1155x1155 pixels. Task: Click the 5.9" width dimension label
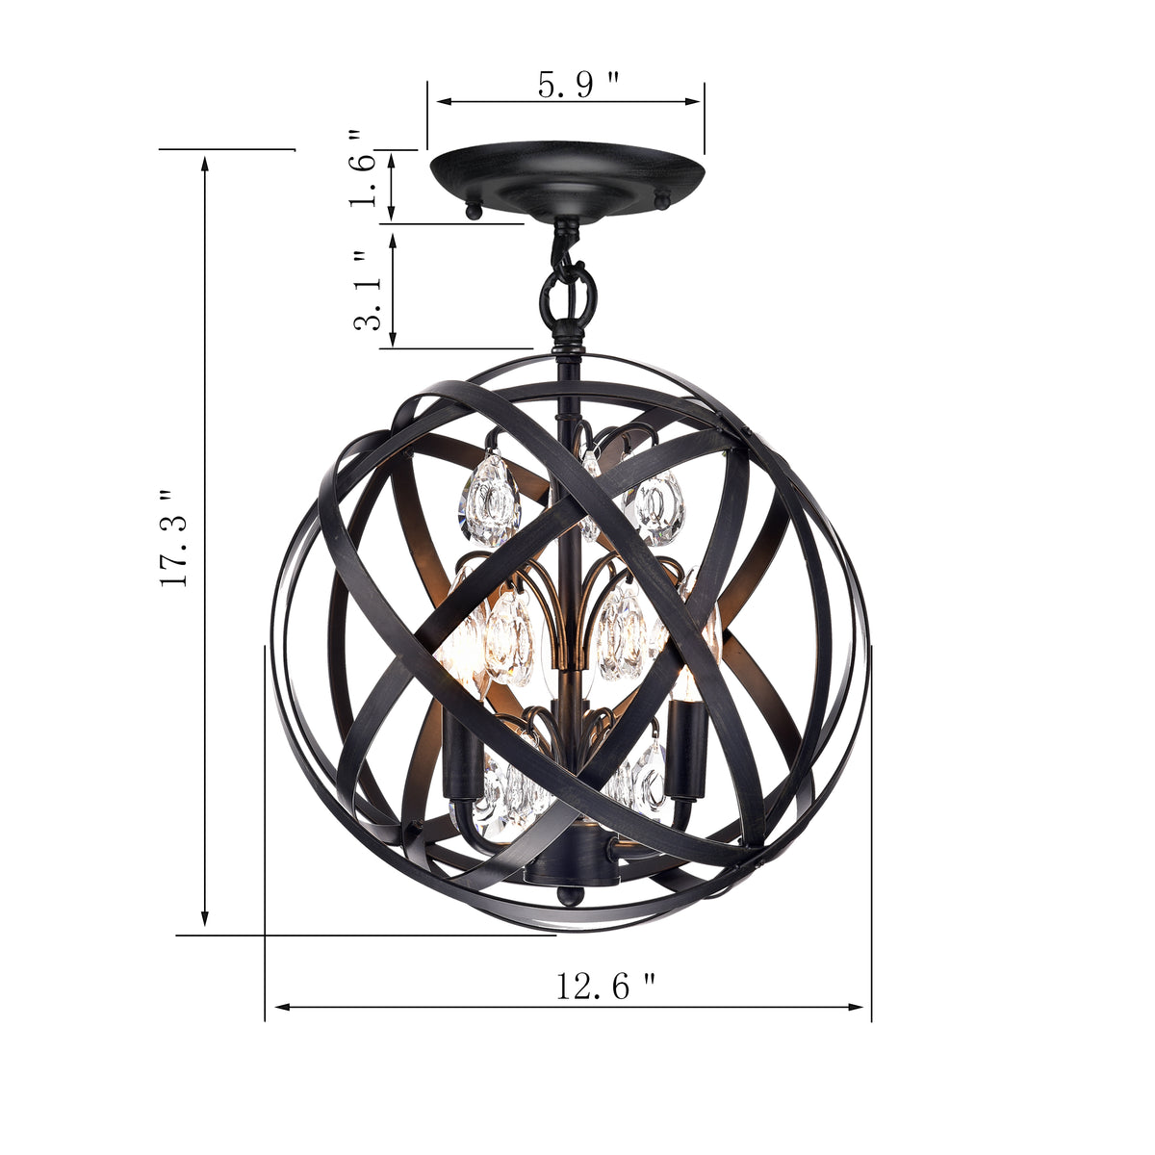tap(577, 85)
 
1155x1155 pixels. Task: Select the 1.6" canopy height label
tap(364, 169)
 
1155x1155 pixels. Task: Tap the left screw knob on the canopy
tap(472, 209)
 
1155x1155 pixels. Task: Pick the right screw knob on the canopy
tap(661, 198)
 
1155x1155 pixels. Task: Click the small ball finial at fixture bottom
tap(570, 898)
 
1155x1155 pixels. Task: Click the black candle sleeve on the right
tap(685, 747)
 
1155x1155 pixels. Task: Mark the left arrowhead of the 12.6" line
tap(282, 1007)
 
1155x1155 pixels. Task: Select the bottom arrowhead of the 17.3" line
tap(204, 921)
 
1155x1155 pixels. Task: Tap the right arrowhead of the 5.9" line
tap(695, 101)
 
